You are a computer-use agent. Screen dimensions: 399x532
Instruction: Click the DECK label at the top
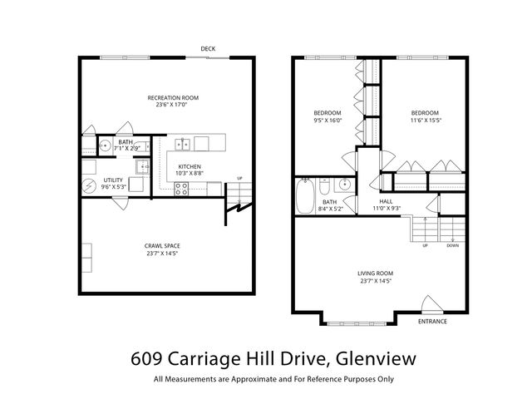point(208,49)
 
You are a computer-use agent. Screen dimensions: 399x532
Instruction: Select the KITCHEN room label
point(190,166)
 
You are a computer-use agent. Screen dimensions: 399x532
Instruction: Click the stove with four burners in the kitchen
point(180,189)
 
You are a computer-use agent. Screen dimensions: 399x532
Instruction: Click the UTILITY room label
point(113,180)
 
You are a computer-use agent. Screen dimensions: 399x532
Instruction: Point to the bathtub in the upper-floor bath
point(304,197)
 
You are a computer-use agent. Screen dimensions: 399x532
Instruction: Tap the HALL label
point(386,200)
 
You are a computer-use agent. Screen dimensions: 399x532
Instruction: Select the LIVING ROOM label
point(375,273)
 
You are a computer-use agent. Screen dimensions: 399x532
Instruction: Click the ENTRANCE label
point(432,322)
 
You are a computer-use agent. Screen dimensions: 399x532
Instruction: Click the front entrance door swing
point(432,305)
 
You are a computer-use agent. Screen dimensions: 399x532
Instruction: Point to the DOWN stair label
point(452,245)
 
